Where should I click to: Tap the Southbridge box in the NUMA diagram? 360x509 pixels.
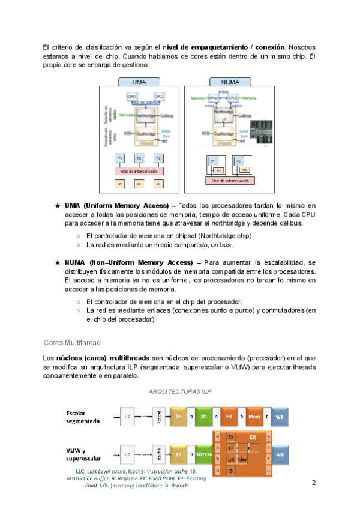(x=224, y=133)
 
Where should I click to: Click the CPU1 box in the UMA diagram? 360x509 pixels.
(x=133, y=96)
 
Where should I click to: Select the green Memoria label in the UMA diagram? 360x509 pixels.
(x=127, y=115)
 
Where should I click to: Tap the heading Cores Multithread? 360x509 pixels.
(x=72, y=342)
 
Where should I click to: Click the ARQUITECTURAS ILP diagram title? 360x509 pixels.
(x=179, y=391)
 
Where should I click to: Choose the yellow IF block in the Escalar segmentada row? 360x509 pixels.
(x=178, y=415)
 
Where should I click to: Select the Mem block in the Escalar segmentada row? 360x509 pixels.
(x=253, y=415)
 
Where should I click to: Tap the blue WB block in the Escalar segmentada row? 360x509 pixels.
(x=280, y=415)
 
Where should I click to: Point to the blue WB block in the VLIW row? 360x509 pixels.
(x=280, y=454)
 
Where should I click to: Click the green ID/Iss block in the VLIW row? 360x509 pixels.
(x=203, y=454)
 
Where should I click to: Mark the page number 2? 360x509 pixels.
(x=313, y=483)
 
